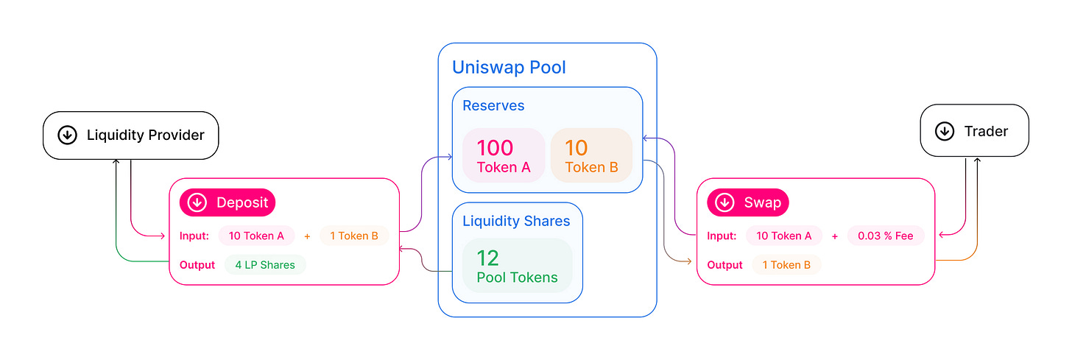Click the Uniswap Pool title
pyautogui.click(x=509, y=68)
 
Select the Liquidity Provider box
pyautogui.click(x=130, y=135)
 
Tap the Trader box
pyautogui.click(x=974, y=131)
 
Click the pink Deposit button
pyautogui.click(x=228, y=202)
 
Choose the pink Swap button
pyautogui.click(x=748, y=202)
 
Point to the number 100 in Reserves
pyautogui.click(x=495, y=147)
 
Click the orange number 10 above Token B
pyautogui.click(x=576, y=147)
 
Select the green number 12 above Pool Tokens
pyautogui.click(x=487, y=258)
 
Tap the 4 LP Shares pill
pyautogui.click(x=265, y=265)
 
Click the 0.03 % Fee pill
pyautogui.click(x=886, y=236)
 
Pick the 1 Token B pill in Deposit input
pyautogui.click(x=353, y=236)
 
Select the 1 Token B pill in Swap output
pyautogui.click(x=786, y=265)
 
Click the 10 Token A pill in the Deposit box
pyautogui.click(x=256, y=236)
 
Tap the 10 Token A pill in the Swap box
pyautogui.click(x=783, y=236)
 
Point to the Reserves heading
pyautogui.click(x=493, y=106)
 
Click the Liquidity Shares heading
pyautogui.click(x=516, y=221)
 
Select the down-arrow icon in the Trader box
pyautogui.click(x=944, y=131)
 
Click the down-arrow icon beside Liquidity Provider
pyautogui.click(x=67, y=135)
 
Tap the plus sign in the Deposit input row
pyautogui.click(x=307, y=236)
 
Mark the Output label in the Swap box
pyautogui.click(x=724, y=265)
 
